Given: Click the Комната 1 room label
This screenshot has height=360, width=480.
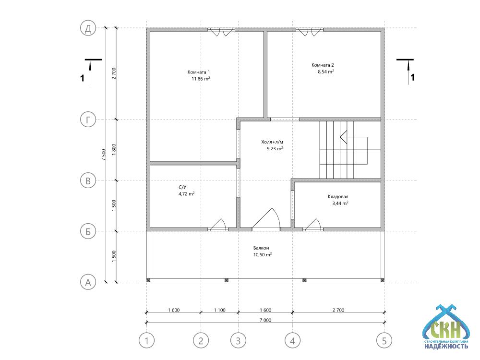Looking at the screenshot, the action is pos(199,72).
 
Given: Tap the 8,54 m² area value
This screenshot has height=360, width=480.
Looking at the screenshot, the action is pos(326,72).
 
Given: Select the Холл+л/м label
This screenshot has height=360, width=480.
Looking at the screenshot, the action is pos(272,142).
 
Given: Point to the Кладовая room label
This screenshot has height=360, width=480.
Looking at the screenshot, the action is pos(338,196).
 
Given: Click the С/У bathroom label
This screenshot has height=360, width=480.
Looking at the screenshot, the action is pos(182,187).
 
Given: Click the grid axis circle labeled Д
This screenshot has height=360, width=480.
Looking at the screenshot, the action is pos(88,28).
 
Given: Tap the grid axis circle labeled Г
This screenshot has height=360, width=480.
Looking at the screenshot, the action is pos(88,120).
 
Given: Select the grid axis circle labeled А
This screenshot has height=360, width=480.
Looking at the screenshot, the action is pos(88,282).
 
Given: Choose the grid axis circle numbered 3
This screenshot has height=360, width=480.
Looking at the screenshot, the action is pos(238,340).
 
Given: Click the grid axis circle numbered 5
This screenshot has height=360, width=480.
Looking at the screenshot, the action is pos(384,340).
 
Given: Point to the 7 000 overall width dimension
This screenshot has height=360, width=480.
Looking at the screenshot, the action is pos(265,320).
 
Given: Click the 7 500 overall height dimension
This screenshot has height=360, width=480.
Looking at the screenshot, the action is pos(104,155).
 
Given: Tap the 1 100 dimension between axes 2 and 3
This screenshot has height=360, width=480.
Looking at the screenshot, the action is pos(219,310).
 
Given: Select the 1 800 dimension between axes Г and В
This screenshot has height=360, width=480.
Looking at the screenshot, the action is pos(114,150).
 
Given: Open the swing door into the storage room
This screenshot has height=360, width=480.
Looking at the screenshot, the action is pos(313,224).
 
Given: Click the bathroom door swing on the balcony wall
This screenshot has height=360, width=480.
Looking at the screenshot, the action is pos(218,224).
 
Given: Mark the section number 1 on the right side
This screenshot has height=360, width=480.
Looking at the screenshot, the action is pos(412,77).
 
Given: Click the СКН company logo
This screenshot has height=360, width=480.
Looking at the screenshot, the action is pos(446,326).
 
